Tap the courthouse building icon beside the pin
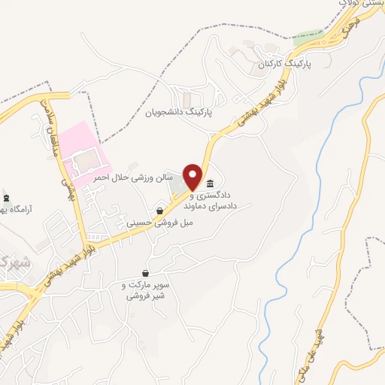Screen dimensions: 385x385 click(x=209, y=184)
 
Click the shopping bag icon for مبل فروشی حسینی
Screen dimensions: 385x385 click(x=160, y=211)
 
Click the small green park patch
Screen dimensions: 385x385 click(x=307, y=35)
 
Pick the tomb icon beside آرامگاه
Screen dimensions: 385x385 click(x=7, y=198)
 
